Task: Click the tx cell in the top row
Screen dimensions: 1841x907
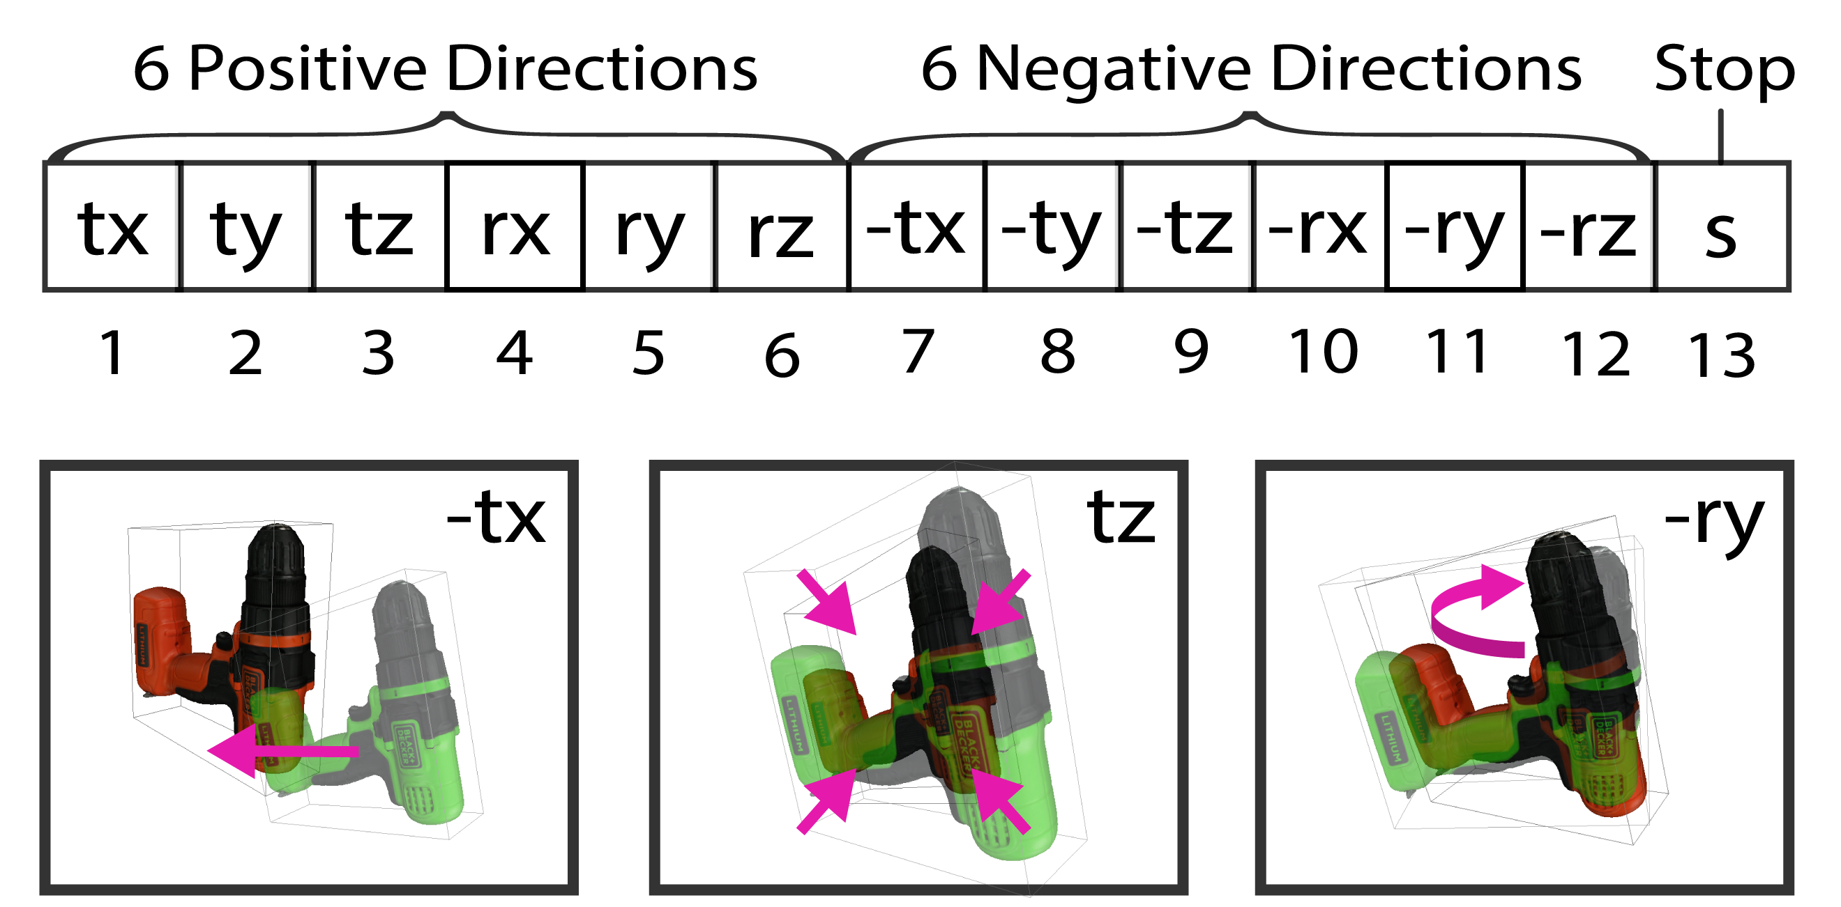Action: pyautogui.click(x=112, y=227)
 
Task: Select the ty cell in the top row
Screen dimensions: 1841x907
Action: pyautogui.click(x=247, y=227)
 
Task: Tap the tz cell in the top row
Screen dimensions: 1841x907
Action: pyautogui.click(x=379, y=227)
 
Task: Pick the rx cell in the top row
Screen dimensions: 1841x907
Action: pyautogui.click(x=515, y=227)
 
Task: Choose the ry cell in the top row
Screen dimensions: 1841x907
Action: pyautogui.click(x=649, y=227)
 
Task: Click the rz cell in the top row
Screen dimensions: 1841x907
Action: pyautogui.click(x=781, y=227)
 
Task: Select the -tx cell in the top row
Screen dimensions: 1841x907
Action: pyautogui.click(x=916, y=227)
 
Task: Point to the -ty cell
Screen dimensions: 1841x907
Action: pyautogui.click(x=1052, y=227)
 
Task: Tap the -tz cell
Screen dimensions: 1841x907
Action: pyautogui.click(x=1185, y=227)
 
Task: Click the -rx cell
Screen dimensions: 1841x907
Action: pyautogui.click(x=1319, y=227)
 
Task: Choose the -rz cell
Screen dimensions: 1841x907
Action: pyautogui.click(x=1588, y=227)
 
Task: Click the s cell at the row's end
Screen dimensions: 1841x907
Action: pyautogui.click(x=1721, y=227)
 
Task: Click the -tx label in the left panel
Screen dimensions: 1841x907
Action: pyautogui.click(x=496, y=518)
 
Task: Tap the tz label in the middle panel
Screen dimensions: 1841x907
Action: pyautogui.click(x=1121, y=518)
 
